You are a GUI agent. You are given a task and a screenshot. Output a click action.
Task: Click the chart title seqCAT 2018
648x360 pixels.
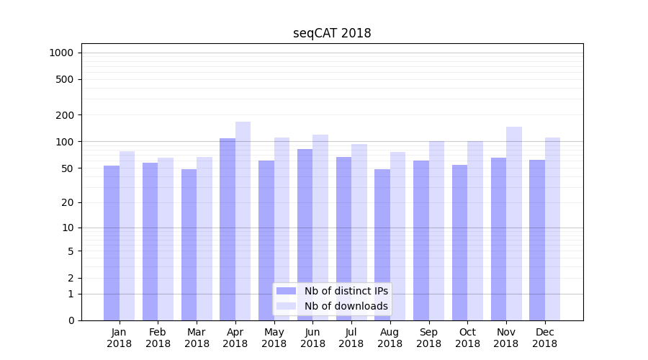(x=332, y=33)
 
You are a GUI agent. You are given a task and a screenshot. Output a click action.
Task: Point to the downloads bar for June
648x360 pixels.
(x=320, y=228)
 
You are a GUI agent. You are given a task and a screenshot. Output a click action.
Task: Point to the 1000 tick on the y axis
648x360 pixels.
(x=61, y=53)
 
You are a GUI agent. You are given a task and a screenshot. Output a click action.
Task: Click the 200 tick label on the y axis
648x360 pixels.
(x=66, y=115)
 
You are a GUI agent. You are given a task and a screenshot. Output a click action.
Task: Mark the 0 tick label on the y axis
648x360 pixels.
(x=71, y=320)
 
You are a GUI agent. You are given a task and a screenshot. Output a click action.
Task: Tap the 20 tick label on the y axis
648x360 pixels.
(x=68, y=202)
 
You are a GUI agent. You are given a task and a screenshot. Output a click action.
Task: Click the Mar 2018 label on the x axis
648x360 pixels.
(x=197, y=338)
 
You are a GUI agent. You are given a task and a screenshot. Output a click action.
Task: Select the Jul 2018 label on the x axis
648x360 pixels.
(x=351, y=338)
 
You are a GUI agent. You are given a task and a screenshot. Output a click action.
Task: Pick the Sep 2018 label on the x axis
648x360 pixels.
(x=428, y=338)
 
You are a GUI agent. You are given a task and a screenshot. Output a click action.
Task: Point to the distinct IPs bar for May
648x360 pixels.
(x=266, y=240)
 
